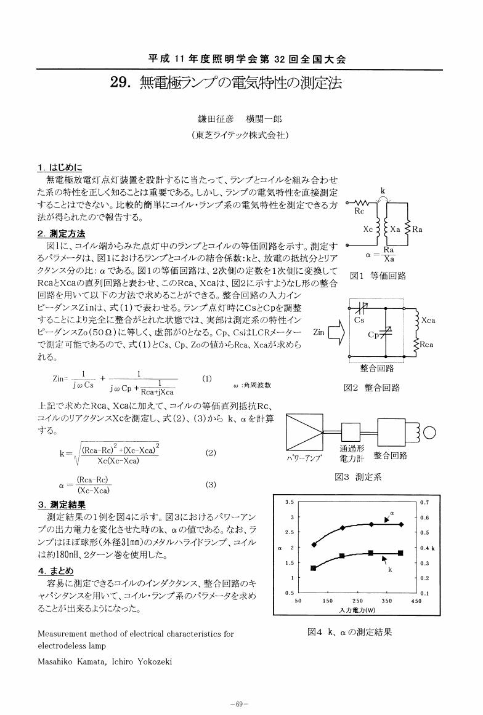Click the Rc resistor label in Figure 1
point(360,211)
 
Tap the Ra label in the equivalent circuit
point(416,229)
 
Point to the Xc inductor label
point(368,229)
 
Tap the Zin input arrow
point(334,333)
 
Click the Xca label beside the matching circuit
point(428,320)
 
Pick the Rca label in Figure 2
point(427,345)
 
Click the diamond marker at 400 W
point(401,524)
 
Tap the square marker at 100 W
point(314,569)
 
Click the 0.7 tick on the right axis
point(424,503)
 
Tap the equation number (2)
point(211,452)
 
